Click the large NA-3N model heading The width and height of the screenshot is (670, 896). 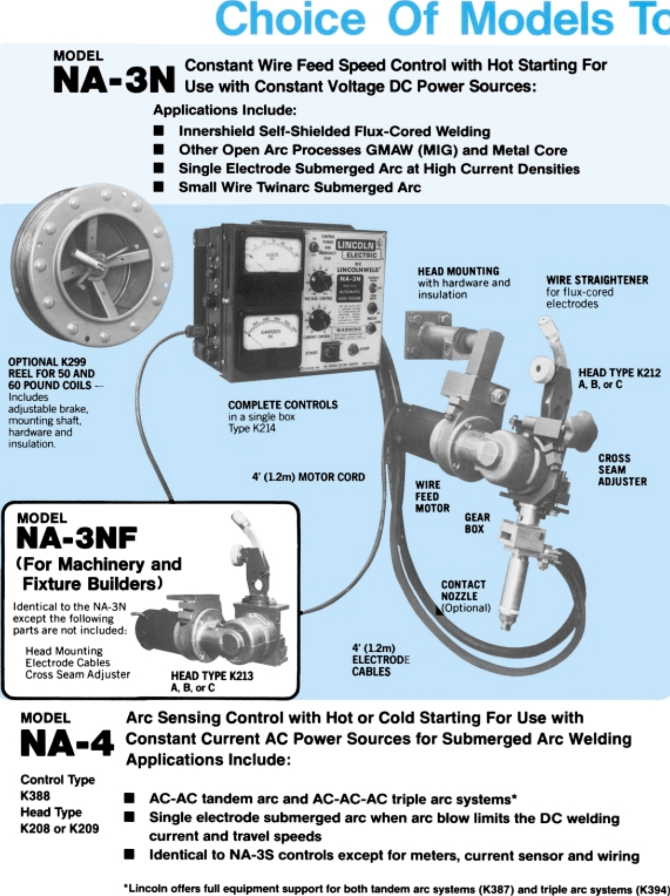tap(114, 80)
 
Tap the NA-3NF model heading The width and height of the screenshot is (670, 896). tap(77, 538)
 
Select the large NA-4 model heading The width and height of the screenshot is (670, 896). tap(67, 743)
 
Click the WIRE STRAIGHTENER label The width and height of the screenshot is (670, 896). tap(597, 280)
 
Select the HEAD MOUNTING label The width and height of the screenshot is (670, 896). tap(458, 271)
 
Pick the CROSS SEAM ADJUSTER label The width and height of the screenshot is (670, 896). tap(622, 470)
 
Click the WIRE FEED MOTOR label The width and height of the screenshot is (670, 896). tap(432, 496)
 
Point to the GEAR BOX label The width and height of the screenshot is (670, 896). tap(477, 523)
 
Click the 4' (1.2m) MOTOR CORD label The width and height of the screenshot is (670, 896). tap(308, 477)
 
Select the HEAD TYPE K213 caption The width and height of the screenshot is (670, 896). tap(212, 676)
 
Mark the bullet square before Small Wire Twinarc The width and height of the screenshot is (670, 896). tap(159, 187)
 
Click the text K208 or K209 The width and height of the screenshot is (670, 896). tap(59, 828)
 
